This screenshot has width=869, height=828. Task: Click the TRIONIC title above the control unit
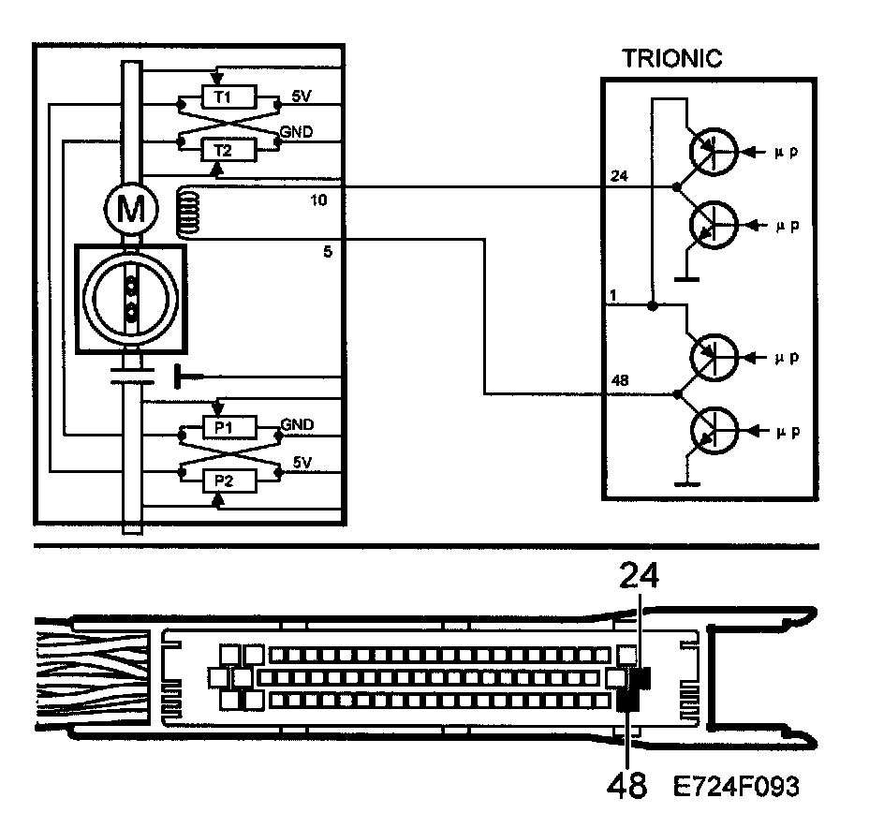671,58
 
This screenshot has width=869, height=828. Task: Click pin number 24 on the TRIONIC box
617,176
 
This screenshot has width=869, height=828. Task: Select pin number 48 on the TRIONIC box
617,381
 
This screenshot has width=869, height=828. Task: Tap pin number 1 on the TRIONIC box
612,296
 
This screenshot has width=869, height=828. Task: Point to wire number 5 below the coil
326,251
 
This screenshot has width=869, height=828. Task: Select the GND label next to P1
297,425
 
